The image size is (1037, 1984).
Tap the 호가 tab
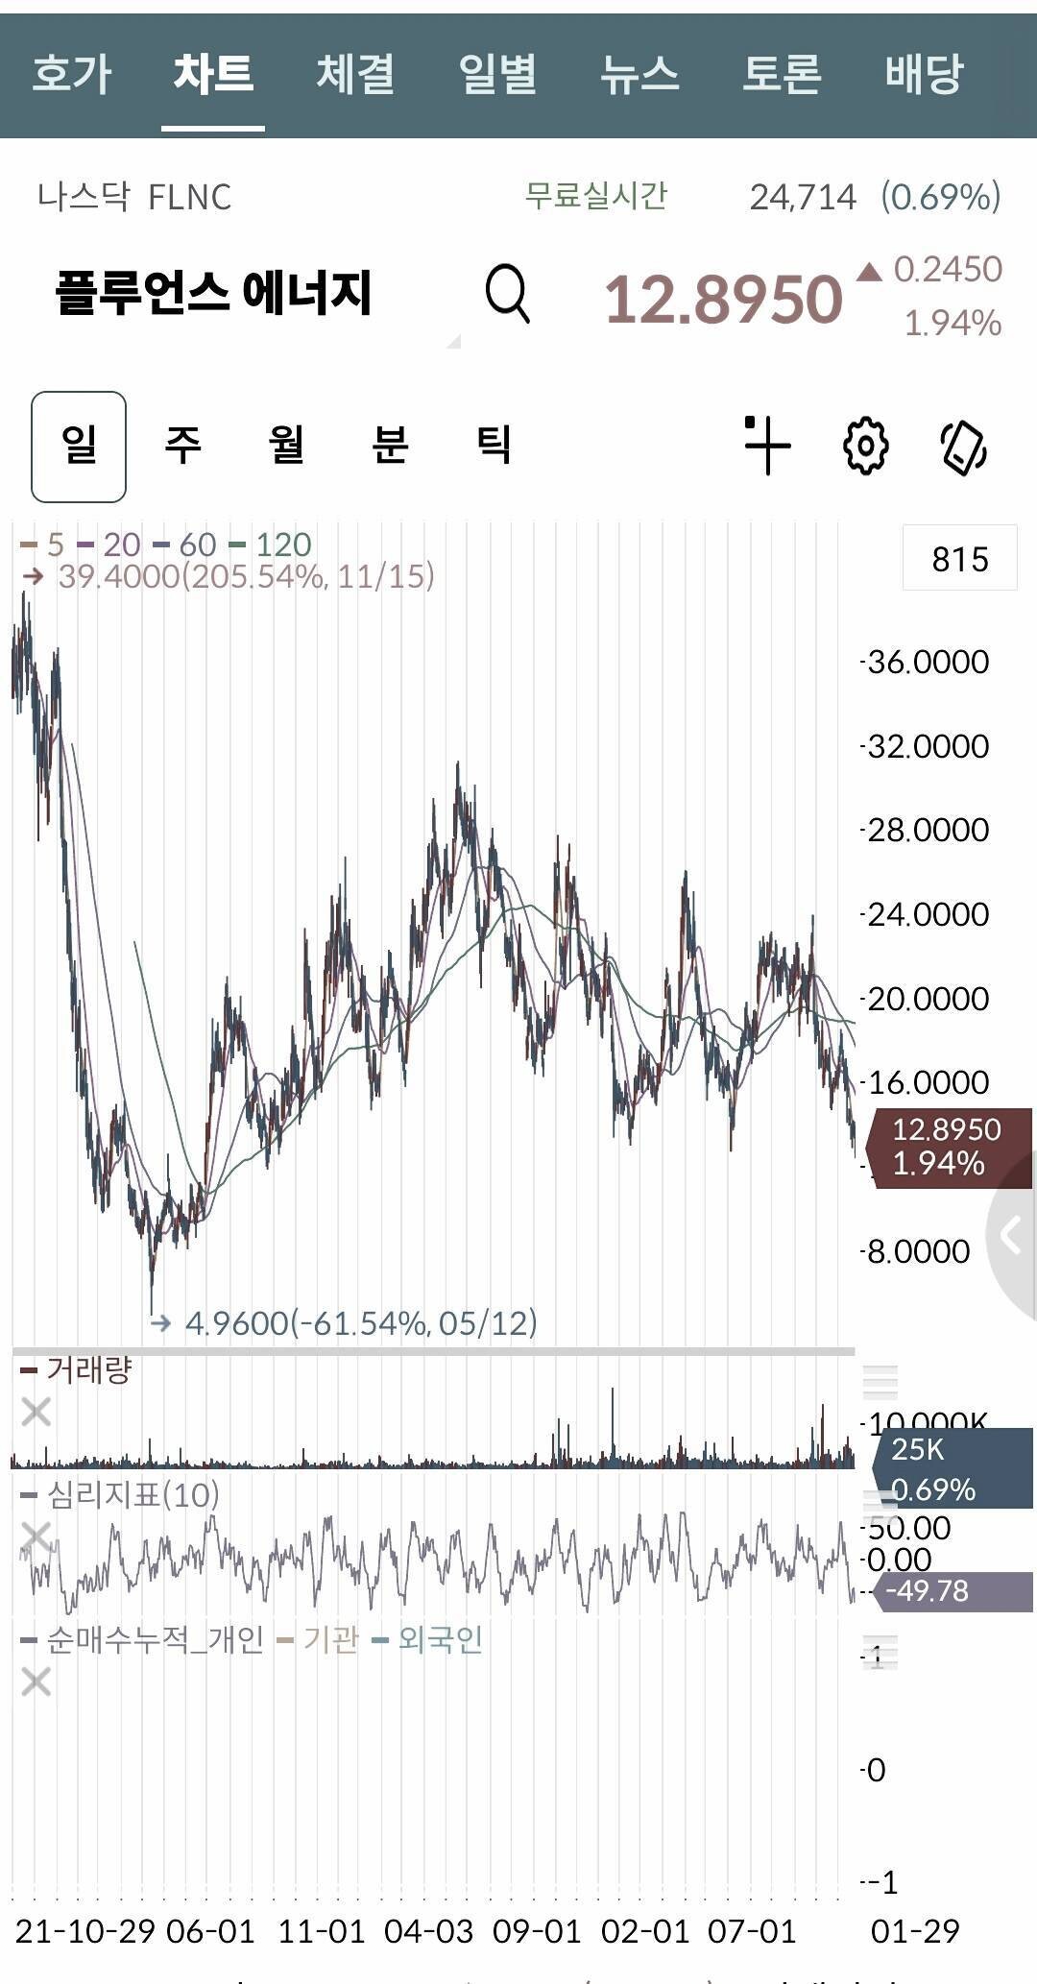pyautogui.click(x=72, y=74)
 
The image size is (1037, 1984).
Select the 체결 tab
pyautogui.click(x=355, y=74)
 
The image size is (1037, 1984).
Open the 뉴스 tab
pyautogui.click(x=639, y=74)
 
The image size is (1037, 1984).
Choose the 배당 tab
pyautogui.click(x=923, y=74)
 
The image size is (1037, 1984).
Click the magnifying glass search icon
pyautogui.click(x=507, y=294)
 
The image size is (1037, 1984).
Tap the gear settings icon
pyautogui.click(x=865, y=446)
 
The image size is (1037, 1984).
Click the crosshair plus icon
pyautogui.click(x=766, y=446)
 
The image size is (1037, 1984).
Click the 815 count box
pyautogui.click(x=959, y=558)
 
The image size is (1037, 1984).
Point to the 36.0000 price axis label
pyautogui.click(x=928, y=662)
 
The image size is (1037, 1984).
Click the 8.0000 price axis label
pyautogui.click(x=918, y=1251)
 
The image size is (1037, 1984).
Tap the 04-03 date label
pyautogui.click(x=428, y=1931)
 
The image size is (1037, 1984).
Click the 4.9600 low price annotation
pyautogui.click(x=360, y=1323)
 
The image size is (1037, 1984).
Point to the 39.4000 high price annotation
pyautogui.click(x=245, y=576)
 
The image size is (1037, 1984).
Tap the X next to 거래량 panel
pyautogui.click(x=36, y=1412)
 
